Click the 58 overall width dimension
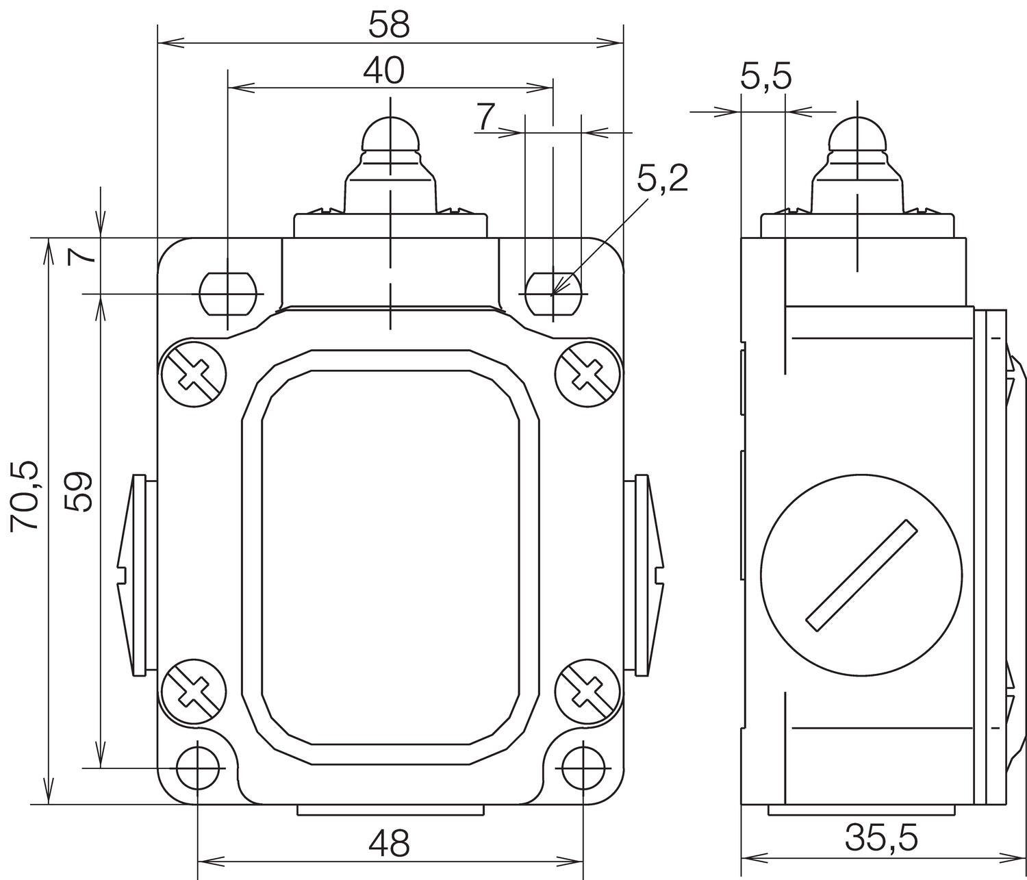tap(389, 25)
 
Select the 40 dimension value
tap(383, 71)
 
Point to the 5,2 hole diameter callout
tap(661, 179)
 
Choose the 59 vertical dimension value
tap(79, 491)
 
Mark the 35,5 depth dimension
tap(881, 836)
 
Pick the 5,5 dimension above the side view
tap(765, 77)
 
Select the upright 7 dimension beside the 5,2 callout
tap(486, 118)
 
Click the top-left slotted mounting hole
tap(227, 293)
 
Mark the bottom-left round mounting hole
tap(198, 768)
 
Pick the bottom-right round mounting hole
tap(583, 768)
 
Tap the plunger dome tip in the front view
tap(390, 134)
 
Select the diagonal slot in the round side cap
tap(861, 574)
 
